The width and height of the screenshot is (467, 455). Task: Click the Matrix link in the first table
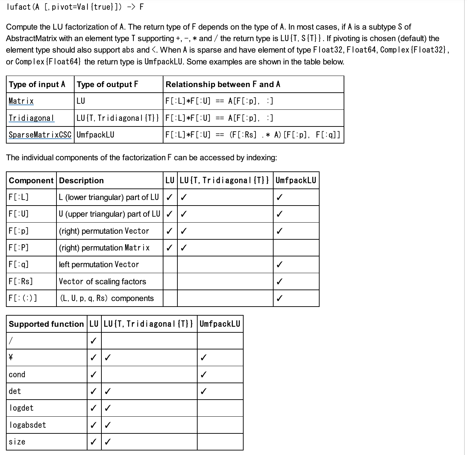tap(21, 101)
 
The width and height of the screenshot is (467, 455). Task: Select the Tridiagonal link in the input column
tap(31, 118)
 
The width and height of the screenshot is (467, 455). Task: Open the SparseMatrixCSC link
tap(40, 135)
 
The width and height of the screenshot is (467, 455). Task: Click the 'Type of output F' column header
tap(107, 84)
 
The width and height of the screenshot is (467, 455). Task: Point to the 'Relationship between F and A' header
tap(223, 84)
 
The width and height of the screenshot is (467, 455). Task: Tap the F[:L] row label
tap(19, 197)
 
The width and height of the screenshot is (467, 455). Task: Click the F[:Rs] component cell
tap(21, 282)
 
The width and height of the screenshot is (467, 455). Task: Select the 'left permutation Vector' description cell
tap(99, 265)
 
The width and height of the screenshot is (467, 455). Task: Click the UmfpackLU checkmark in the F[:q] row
tap(279, 265)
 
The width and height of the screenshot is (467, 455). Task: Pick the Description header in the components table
tap(82, 180)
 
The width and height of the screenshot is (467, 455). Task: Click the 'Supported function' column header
tap(46, 324)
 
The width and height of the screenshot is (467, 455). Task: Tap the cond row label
tap(17, 375)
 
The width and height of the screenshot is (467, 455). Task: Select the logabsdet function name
tap(28, 425)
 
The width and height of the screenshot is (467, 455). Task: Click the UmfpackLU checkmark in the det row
tap(204, 391)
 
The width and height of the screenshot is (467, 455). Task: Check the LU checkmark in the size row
tap(93, 442)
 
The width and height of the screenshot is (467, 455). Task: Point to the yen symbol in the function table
tap(11, 357)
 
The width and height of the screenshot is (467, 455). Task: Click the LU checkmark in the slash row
tap(93, 341)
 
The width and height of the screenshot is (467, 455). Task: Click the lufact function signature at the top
tap(75, 7)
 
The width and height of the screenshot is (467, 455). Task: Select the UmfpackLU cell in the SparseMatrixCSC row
tap(95, 135)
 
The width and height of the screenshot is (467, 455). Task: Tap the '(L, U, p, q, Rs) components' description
tap(107, 298)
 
